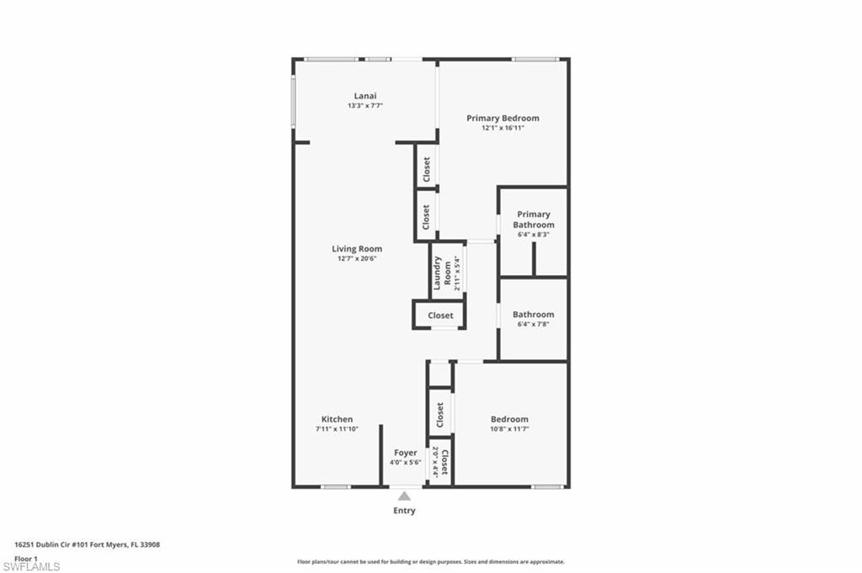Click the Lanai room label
365,96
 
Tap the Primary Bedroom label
503,119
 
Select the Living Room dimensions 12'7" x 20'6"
357,259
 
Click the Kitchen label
337,419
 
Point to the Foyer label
405,453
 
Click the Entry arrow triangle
405,496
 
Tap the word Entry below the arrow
405,511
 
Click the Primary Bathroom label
535,220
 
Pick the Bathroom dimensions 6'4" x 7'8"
534,325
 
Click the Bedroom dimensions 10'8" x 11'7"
509,429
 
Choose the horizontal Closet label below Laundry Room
440,316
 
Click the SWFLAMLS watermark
31,566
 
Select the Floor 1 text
27,558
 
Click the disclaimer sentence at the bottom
430,561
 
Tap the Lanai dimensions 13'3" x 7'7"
365,106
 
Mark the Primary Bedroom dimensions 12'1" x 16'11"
503,129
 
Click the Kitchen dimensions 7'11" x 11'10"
337,429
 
